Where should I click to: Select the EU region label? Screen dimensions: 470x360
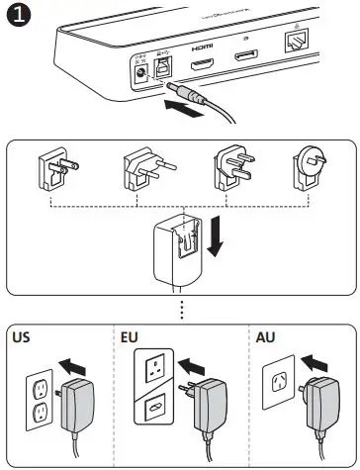pos(129,337)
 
